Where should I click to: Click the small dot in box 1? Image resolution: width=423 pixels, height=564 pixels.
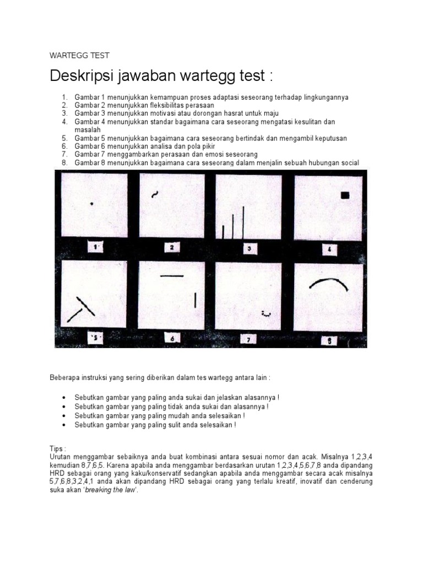tap(91, 204)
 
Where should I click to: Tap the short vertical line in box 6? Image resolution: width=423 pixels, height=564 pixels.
tap(195, 300)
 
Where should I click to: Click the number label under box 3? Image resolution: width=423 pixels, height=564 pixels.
tap(249, 248)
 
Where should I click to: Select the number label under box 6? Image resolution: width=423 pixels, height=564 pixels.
tap(172, 339)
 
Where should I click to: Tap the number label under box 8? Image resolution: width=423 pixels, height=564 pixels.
tap(329, 340)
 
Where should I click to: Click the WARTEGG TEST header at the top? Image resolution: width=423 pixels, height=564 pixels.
tap(79, 55)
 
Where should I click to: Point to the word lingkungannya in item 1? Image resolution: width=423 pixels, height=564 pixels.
tap(323, 97)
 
